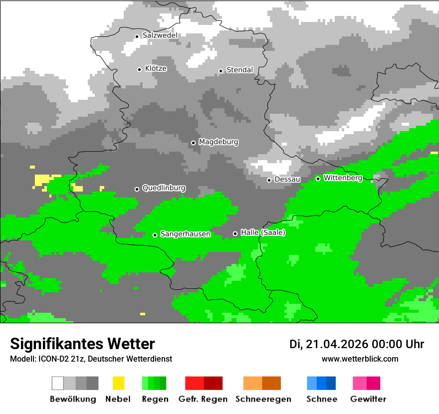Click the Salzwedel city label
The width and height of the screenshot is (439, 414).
tap(160, 35)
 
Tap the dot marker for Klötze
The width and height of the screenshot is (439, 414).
tap(139, 69)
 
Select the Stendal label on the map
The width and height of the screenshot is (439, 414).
tap(239, 70)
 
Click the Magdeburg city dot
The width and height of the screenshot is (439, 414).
tap(193, 143)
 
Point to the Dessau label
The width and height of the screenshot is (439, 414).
tap(287, 179)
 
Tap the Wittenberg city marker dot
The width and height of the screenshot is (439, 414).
tap(318, 179)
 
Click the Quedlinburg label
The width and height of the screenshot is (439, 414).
tap(164, 188)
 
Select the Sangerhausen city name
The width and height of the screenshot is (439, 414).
tap(185, 234)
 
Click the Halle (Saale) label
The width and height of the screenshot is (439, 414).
tap(263, 232)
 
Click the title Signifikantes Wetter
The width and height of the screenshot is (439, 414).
tap(82, 344)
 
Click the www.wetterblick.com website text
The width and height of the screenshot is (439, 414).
tap(360, 359)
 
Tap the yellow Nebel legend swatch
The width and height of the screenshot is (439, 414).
tap(118, 383)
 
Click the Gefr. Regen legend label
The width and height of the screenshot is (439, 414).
tap(203, 399)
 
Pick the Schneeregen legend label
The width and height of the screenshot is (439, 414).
tap(263, 399)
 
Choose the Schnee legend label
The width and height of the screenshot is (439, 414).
tap(322, 399)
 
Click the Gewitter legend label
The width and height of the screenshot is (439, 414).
tap(368, 399)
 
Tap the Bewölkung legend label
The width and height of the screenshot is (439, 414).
tap(73, 399)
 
